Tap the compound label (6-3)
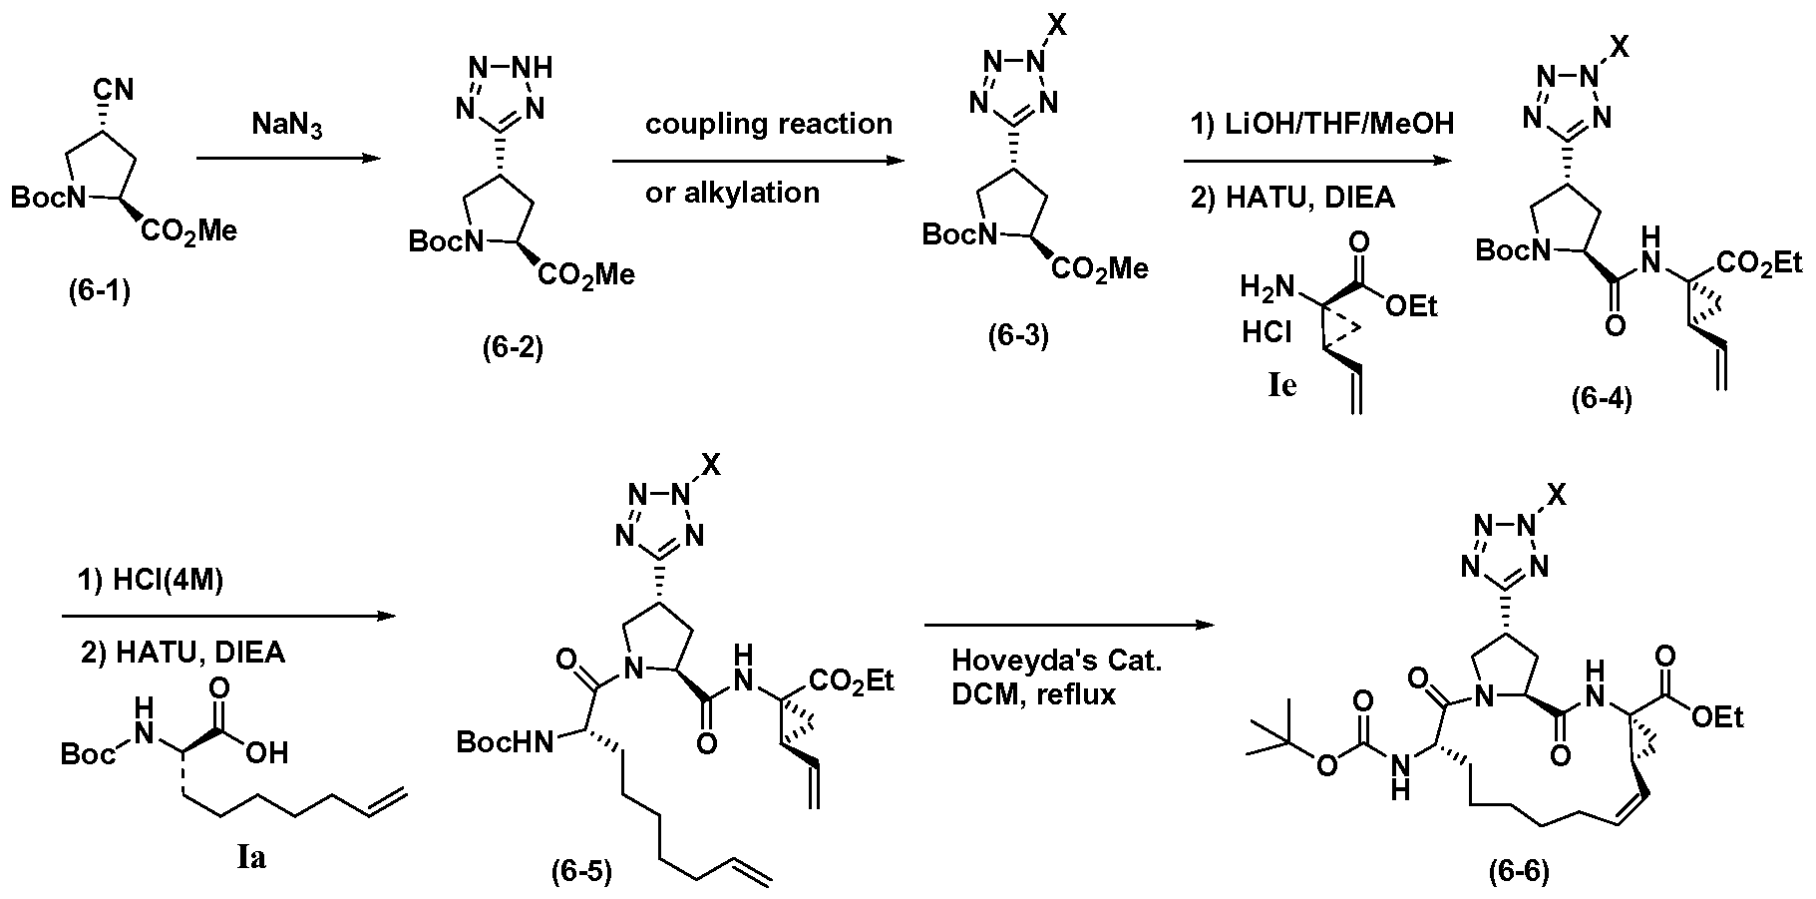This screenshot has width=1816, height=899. click(x=1018, y=336)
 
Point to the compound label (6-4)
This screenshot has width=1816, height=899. click(x=1602, y=400)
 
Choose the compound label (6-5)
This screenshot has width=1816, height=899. click(x=582, y=871)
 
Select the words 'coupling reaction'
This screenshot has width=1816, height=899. click(x=768, y=124)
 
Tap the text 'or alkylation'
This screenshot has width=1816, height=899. click(x=732, y=192)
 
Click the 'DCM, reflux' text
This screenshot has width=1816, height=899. click(x=1034, y=694)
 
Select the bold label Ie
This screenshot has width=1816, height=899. click(x=1282, y=385)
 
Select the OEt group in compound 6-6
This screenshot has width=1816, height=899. click(x=1717, y=715)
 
